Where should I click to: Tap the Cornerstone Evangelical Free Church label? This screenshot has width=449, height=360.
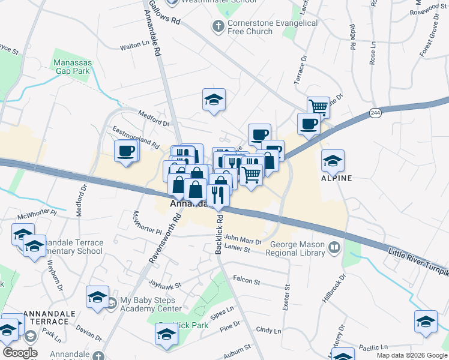(273, 27)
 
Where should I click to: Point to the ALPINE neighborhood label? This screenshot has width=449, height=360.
(336, 178)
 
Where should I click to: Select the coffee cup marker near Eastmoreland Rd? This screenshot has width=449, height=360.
(127, 151)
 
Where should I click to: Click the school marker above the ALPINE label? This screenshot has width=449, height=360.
(333, 160)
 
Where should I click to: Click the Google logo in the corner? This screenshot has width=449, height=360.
(20, 353)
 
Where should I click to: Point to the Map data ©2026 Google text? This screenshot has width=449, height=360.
(411, 355)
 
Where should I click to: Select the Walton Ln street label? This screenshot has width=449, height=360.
(134, 44)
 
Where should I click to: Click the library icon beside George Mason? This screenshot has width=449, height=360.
(334, 247)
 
